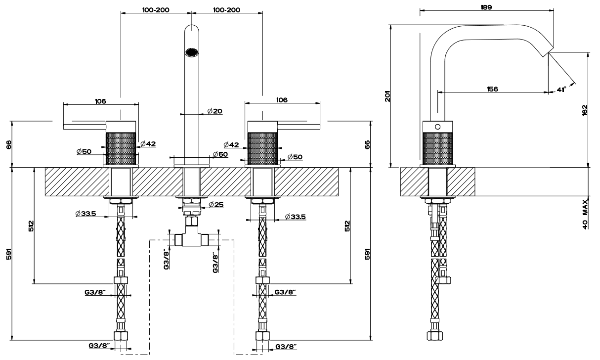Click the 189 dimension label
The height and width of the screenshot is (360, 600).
point(485,6)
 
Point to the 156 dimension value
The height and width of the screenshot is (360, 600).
point(492,89)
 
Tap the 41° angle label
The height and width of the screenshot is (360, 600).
point(561,90)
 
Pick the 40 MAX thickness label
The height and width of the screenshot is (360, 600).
point(585,214)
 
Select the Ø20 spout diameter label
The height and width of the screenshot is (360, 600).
point(214,111)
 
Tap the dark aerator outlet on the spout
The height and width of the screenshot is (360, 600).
point(191,51)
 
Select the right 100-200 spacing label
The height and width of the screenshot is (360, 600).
point(227,9)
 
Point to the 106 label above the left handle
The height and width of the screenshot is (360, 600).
point(100,101)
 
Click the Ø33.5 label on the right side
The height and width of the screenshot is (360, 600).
point(295,217)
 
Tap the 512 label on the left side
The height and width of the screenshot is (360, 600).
point(31,226)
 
